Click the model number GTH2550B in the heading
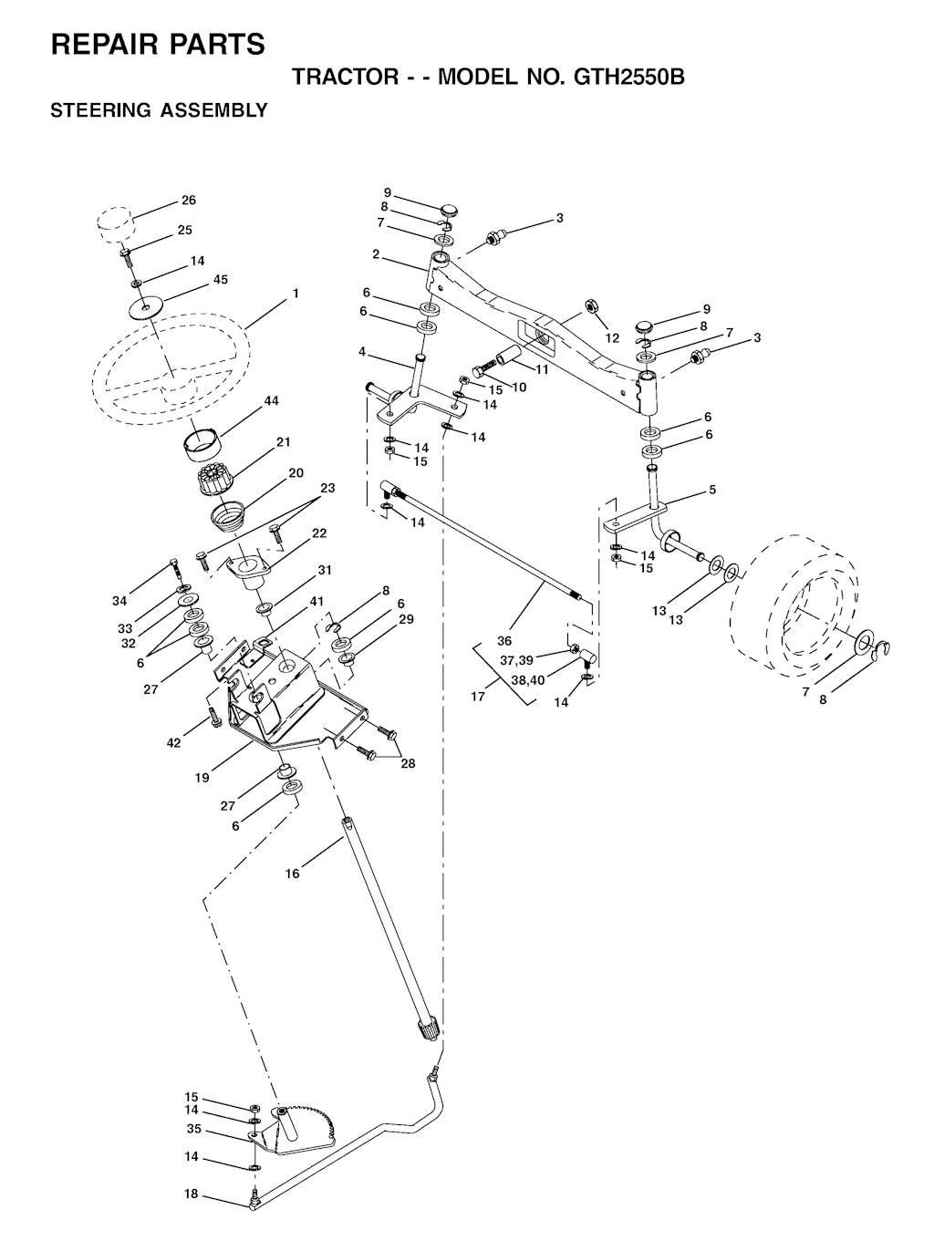[x=628, y=77]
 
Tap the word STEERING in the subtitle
[x=100, y=110]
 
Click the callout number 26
[x=189, y=200]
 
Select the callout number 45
[x=221, y=279]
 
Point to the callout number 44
[x=271, y=400]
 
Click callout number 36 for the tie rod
[x=504, y=641]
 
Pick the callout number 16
[x=293, y=874]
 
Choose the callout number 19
[x=202, y=778]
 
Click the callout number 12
[x=612, y=338]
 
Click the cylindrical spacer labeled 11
[x=509, y=356]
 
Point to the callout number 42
[x=174, y=742]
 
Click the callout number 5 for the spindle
[x=712, y=490]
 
